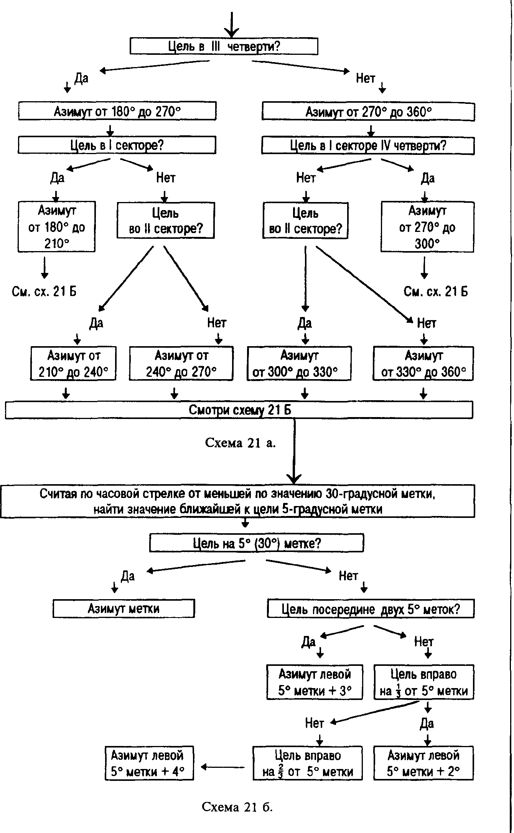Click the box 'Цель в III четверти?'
224,46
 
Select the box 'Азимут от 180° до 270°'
117,111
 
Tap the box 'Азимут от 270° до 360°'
368,112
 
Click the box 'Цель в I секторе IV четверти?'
368,146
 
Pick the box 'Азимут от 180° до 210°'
57,227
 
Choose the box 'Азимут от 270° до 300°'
427,227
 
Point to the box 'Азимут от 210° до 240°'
73,363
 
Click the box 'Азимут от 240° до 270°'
181,363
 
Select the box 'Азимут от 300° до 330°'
299,363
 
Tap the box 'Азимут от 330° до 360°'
423,363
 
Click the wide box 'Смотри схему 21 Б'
239,410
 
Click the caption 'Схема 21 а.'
241,443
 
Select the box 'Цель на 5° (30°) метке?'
256,543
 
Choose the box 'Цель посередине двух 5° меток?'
371,609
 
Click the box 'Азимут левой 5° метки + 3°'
315,682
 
